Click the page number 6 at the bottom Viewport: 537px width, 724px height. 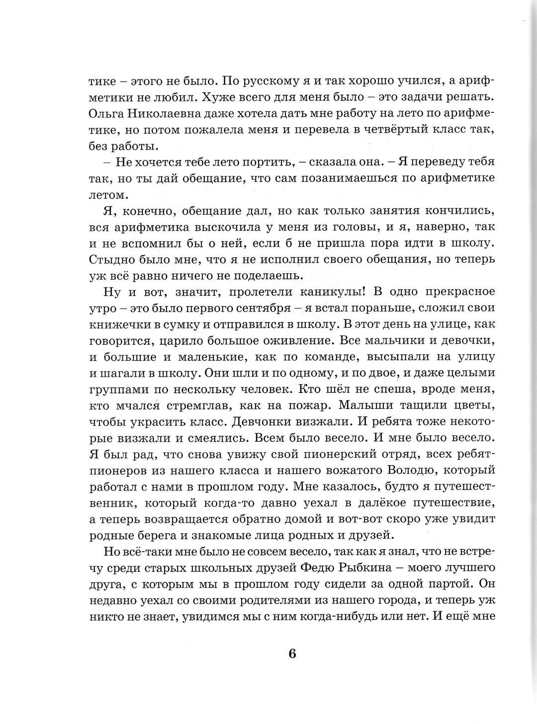(292, 653)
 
